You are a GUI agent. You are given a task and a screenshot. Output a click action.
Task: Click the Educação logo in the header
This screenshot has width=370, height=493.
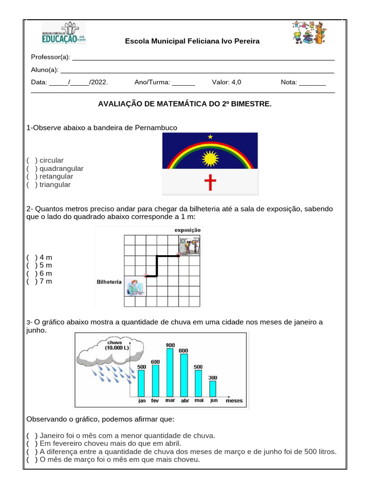pos(63,33)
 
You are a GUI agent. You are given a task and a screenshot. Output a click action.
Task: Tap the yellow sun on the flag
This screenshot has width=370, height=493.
pos(211,158)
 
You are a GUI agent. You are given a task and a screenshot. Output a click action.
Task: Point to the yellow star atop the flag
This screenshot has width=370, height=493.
pos(210,137)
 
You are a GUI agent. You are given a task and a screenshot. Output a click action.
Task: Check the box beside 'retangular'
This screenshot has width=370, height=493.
pos(31,177)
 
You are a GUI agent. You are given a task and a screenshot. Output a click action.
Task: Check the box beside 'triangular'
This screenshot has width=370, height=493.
pos(31,185)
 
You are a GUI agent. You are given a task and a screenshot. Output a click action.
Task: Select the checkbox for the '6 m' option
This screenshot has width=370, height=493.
pos(31,273)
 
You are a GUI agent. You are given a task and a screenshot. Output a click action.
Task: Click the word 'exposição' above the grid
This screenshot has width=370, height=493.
pos(187,230)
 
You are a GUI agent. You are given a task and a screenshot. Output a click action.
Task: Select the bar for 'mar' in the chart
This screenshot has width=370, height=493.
pos(170,372)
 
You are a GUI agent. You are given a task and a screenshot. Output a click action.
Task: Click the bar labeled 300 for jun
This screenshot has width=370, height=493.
pos(212,389)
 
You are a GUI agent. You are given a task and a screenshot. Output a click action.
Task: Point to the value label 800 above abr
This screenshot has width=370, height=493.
pos(184,351)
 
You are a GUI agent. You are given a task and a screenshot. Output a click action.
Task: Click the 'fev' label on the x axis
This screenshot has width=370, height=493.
pos(155,401)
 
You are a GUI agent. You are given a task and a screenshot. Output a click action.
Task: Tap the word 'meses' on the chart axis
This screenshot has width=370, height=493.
pos(234,401)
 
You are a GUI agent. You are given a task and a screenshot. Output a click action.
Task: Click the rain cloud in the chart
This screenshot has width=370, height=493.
pos(104,354)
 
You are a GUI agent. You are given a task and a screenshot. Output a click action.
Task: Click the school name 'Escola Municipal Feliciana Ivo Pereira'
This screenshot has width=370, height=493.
pos(192,41)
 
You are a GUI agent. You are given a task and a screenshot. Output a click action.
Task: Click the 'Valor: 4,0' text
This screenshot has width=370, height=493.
pos(226,82)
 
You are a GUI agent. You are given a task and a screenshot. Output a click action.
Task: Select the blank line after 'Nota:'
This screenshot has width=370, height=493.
pos(312,83)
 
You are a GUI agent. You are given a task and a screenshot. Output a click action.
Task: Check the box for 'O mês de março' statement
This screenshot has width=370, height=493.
pos(31,460)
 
